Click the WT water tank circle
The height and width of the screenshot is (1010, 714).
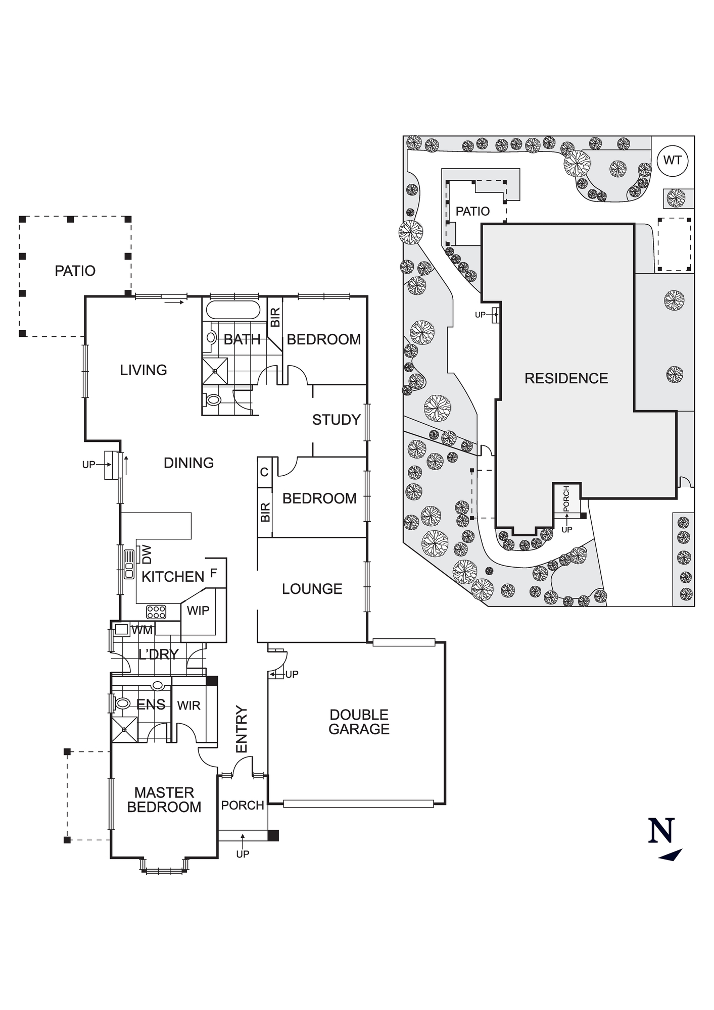point(673,161)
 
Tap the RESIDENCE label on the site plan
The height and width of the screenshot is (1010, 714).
point(566,378)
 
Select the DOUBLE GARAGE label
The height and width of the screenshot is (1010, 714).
point(359,722)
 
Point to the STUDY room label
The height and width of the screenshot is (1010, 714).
point(336,420)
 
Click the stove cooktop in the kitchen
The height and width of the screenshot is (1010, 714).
point(156,612)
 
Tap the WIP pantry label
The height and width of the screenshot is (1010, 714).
point(198,611)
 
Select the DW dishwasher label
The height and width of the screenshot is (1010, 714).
point(147,554)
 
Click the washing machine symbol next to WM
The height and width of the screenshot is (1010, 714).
point(121,629)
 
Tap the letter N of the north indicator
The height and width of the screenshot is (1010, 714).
point(661,831)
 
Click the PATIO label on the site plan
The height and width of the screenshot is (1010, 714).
point(472,211)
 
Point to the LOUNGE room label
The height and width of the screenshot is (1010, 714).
point(312,589)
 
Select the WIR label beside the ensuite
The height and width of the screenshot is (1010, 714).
point(188,705)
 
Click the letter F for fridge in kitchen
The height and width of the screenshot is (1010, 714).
point(214,573)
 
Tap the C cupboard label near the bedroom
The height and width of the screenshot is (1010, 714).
point(264,473)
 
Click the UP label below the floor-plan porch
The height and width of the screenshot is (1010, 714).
point(243,854)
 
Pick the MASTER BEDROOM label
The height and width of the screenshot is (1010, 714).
point(164,799)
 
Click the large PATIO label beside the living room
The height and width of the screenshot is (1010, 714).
point(75,271)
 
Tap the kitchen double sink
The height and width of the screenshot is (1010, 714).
point(129,564)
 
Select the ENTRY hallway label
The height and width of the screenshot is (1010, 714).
point(242,729)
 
